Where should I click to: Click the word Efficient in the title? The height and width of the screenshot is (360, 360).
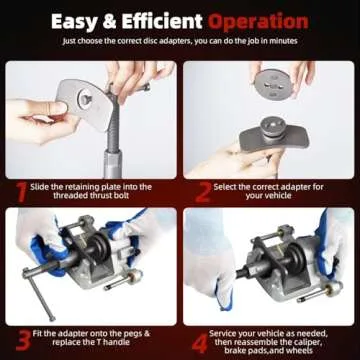point(188,20)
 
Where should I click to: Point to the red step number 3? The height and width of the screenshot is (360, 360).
point(20,337)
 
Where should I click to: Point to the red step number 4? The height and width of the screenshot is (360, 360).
point(198,337)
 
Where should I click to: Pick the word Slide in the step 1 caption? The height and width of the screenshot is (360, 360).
point(46,186)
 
